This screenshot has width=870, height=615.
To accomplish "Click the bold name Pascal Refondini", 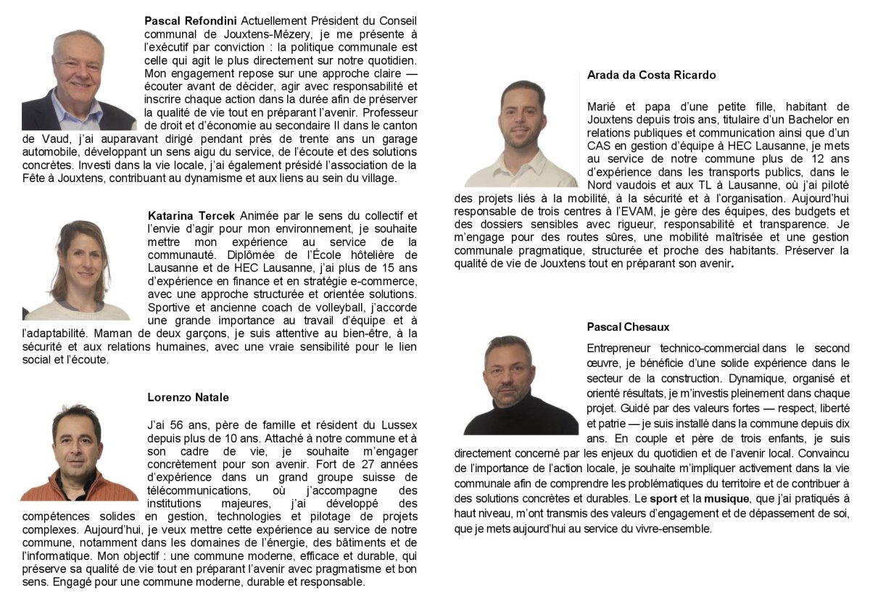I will click(191, 20).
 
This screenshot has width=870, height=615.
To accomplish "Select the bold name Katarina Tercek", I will click(191, 215).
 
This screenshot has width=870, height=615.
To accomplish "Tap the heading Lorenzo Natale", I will click(188, 397).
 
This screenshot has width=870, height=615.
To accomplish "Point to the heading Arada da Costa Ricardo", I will click(651, 75).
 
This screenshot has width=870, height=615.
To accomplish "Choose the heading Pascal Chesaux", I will click(628, 327).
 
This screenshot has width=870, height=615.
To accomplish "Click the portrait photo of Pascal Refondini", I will click(78, 80).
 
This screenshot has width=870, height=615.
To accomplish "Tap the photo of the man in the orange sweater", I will click(78, 453).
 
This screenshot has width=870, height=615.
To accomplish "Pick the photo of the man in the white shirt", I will click(521, 134).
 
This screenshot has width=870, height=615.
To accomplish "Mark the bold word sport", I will click(663, 499).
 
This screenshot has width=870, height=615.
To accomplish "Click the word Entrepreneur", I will click(618, 349).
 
